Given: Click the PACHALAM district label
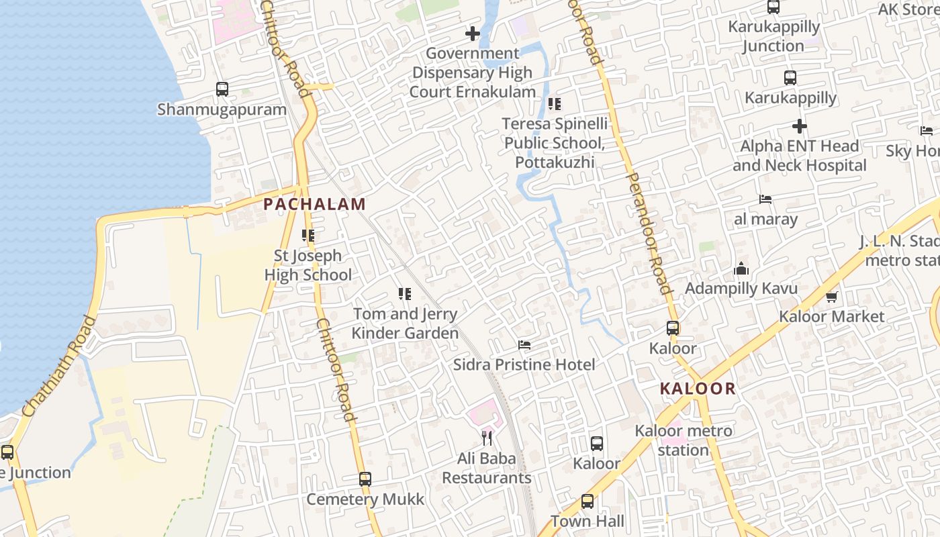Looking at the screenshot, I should point(314,204).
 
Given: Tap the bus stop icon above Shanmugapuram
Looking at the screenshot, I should point(222,89).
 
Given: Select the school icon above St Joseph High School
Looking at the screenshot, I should point(308,236).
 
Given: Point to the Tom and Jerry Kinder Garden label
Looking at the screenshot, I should point(405,323).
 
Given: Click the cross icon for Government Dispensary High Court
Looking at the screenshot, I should point(473,33).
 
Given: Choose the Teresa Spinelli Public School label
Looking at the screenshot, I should point(555,143).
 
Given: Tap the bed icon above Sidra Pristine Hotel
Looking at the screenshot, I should point(524,345).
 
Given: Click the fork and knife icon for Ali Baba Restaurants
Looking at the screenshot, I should point(487,438).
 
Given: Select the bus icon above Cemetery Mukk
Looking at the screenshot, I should point(365,479).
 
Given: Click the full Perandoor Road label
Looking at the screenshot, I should point(649,233).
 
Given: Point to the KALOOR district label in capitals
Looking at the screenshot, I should point(698,389).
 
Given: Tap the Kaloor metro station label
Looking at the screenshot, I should point(684,440).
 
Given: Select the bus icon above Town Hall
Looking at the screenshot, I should point(587,501).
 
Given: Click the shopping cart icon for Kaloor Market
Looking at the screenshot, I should point(832,297).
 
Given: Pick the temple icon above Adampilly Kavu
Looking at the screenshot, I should point(741,269).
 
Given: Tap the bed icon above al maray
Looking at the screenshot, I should point(765,199).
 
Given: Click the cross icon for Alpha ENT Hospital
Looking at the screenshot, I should point(799,126).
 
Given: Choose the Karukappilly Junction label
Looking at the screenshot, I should point(773,36).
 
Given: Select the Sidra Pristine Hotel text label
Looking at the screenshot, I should point(524,364).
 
